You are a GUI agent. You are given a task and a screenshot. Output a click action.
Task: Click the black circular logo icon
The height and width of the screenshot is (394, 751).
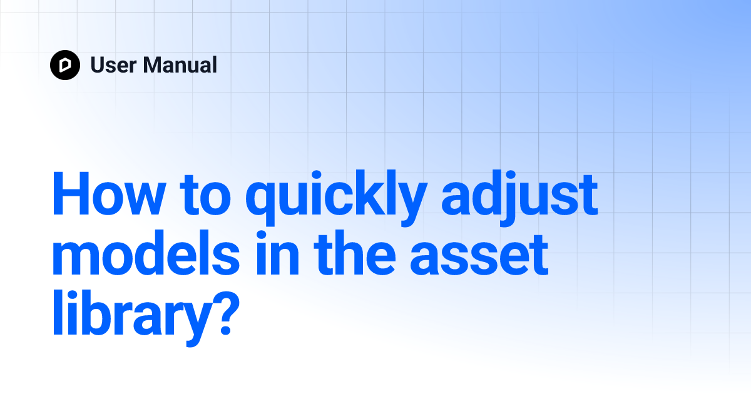point(65,65)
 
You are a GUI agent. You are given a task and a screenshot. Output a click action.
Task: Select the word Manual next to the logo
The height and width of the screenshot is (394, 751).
point(180,65)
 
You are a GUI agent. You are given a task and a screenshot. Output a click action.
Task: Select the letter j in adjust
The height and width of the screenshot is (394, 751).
point(501,198)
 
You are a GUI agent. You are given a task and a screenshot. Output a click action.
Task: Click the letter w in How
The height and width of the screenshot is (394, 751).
point(139,199)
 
